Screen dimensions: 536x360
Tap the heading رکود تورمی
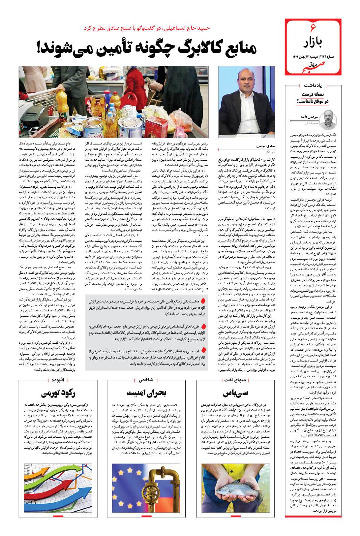[x=59, y=393]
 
